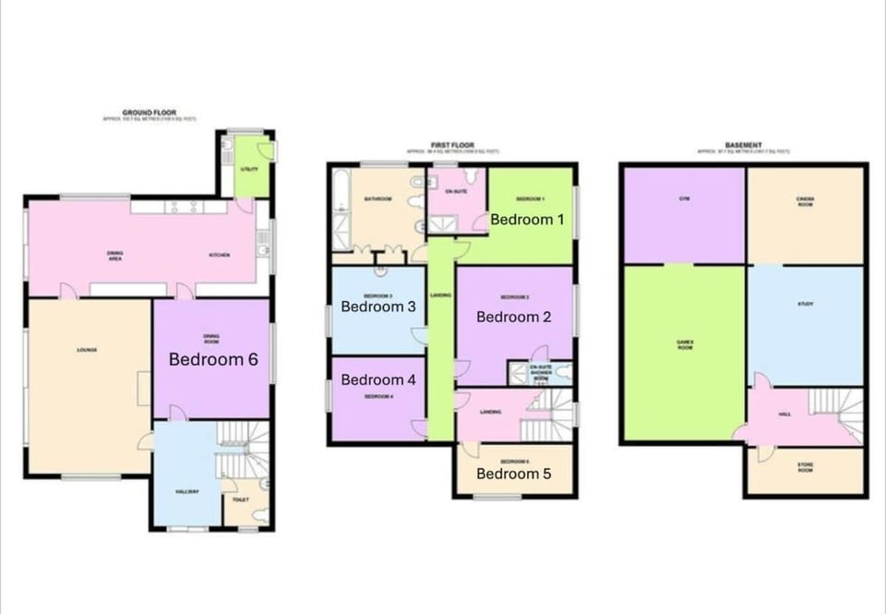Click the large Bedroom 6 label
point(212,360)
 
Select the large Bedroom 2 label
point(514,317)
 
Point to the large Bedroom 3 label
point(378,307)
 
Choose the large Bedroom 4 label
point(378,379)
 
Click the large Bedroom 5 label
point(514,474)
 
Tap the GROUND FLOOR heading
point(149,112)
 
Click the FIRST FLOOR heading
point(452,145)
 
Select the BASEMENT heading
point(743,145)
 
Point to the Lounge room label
point(88,350)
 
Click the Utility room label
point(249,169)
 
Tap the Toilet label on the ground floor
point(241,500)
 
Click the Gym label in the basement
point(684,199)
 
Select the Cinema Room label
point(806,200)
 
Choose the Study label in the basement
point(806,304)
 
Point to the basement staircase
point(835,411)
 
